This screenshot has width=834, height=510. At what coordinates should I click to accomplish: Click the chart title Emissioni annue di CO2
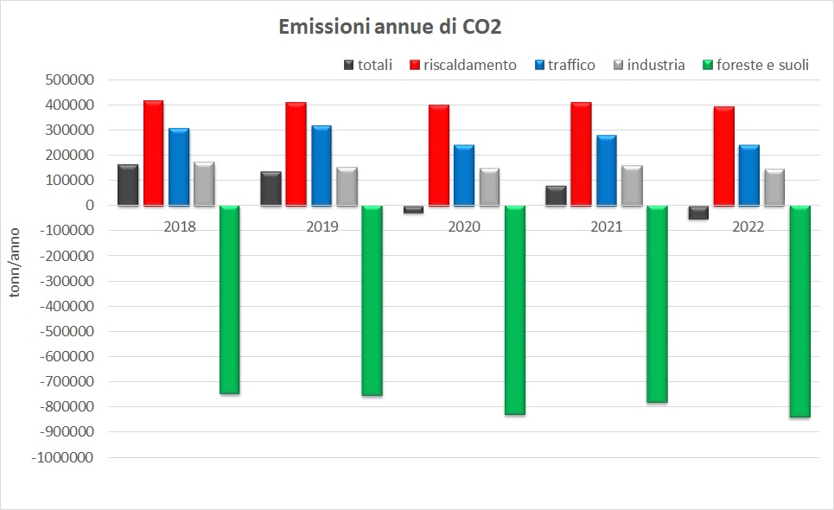pyautogui.click(x=390, y=27)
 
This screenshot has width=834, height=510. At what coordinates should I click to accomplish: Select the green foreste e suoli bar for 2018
pyautogui.click(x=229, y=299)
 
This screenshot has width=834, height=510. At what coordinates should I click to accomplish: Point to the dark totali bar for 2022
pyautogui.click(x=698, y=213)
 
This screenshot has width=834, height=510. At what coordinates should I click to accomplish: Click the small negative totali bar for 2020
pyautogui.click(x=414, y=209)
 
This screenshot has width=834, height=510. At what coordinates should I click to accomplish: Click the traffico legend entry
pyautogui.click(x=564, y=65)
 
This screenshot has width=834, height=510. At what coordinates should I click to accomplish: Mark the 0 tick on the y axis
pyautogui.click(x=89, y=206)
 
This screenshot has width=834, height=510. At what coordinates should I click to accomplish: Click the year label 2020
pyautogui.click(x=464, y=227)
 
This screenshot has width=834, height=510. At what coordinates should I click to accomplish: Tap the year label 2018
pyautogui.click(x=179, y=227)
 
